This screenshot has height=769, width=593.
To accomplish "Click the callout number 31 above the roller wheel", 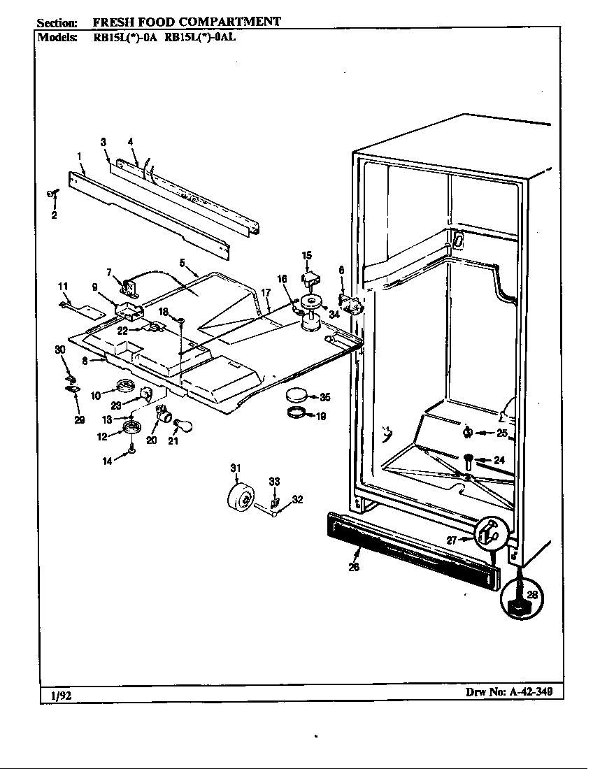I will [x=235, y=468].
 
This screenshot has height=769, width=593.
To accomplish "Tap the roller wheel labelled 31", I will [x=240, y=498].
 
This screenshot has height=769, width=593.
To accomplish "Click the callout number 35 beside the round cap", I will [x=325, y=397].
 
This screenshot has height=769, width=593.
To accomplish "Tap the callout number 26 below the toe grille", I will [x=354, y=567].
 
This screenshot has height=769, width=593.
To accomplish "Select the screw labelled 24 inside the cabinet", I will [x=466, y=460].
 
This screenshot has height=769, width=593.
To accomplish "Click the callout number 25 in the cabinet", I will [x=502, y=433].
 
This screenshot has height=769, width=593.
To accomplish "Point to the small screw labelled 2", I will [x=51, y=195].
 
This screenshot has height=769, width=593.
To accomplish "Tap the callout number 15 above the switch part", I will [x=306, y=256].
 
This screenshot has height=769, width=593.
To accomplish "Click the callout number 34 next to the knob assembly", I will [x=334, y=315].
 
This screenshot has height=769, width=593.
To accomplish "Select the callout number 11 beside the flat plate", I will [x=63, y=286].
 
